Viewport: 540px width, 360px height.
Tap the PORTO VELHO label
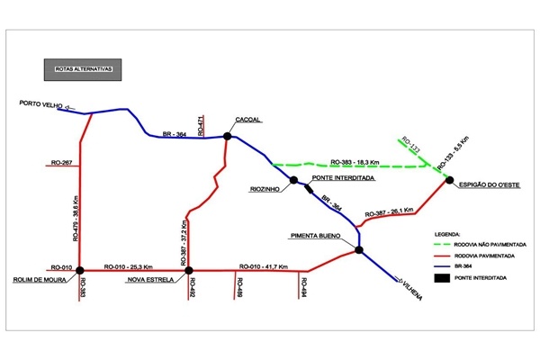(40, 105)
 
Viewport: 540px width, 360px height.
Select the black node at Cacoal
(228, 137)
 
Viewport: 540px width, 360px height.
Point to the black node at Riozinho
(293, 180)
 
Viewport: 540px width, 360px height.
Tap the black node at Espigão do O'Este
(448, 180)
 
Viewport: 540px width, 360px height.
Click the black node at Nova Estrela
(188, 269)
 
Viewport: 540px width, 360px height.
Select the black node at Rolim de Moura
(80, 269)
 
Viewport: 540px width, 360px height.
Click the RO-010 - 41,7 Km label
(264, 265)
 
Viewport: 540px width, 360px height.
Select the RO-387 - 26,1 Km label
(389, 213)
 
